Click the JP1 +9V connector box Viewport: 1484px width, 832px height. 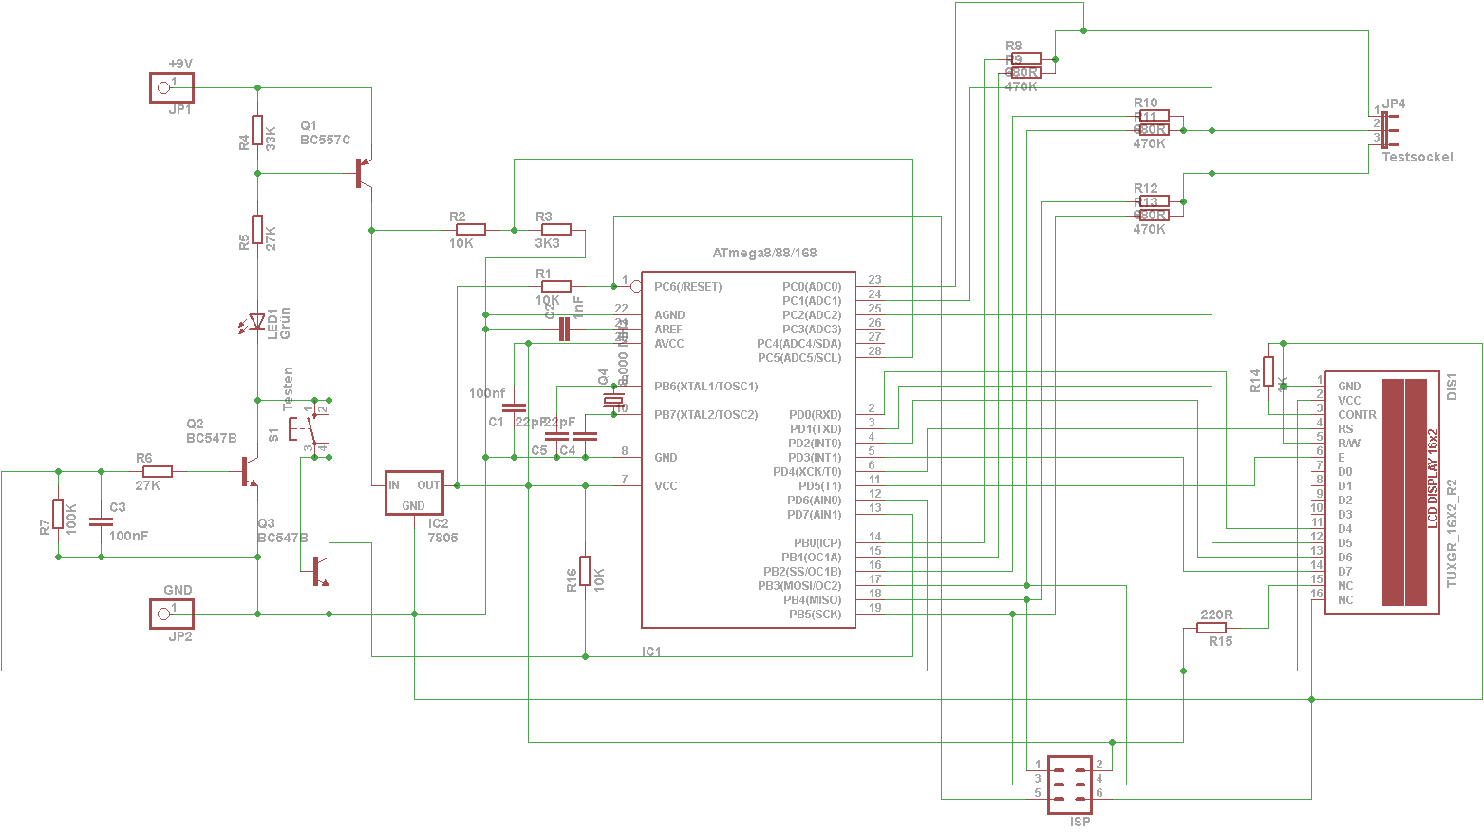pyautogui.click(x=172, y=88)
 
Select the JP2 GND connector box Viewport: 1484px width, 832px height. pyautogui.click(x=172, y=614)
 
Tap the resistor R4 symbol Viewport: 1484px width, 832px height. pyautogui.click(x=257, y=130)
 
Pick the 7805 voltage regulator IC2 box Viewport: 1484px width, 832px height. pyautogui.click(x=414, y=493)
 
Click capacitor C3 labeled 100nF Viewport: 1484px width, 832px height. pyautogui.click(x=101, y=520)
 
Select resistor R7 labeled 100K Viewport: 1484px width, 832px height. pyautogui.click(x=58, y=514)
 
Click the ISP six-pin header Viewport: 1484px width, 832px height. pyautogui.click(x=1070, y=785)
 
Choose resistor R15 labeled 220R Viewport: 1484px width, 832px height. pyautogui.click(x=1212, y=628)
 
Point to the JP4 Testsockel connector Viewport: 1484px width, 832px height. pyautogui.click(x=1384, y=130)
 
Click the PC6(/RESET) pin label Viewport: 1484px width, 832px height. pyautogui.click(x=687, y=287)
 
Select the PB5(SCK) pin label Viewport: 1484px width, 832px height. pyautogui.click(x=815, y=615)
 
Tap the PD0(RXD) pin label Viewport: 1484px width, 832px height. pyautogui.click(x=815, y=415)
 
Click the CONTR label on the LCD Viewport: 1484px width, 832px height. pyautogui.click(x=1357, y=415)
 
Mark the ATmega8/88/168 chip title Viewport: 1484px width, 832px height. pyautogui.click(x=764, y=254)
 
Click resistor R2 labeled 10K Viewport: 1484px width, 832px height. pyautogui.click(x=471, y=229)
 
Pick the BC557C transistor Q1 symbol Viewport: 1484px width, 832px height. pyautogui.click(x=362, y=173)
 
